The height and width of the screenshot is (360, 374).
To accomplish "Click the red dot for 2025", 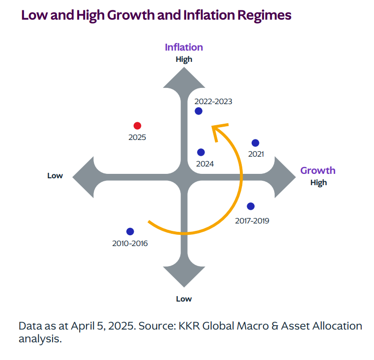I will tap(138, 126).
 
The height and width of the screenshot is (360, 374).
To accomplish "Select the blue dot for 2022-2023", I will tap(199, 111).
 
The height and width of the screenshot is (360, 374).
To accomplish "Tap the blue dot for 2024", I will tap(201, 152).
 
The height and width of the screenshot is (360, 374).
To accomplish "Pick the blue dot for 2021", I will tap(255, 143).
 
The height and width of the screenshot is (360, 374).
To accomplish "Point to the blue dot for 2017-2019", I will tap(251, 206).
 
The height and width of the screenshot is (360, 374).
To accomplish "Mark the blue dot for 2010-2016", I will tap(130, 231).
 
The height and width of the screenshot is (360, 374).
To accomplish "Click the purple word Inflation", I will tap(184, 47).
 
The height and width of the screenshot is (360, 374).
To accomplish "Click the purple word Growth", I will tap(318, 170).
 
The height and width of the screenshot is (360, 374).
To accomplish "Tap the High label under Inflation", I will tap(184, 59).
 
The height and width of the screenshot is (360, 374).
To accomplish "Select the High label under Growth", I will tap(318, 183).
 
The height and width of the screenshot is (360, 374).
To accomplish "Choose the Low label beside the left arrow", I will tap(55, 175).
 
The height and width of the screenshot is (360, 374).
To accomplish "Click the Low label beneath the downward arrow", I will tap(184, 299).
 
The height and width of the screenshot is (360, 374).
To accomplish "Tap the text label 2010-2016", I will tap(130, 243).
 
